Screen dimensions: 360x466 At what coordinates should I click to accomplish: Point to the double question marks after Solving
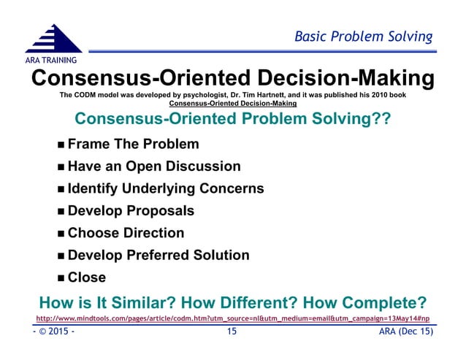(380, 119)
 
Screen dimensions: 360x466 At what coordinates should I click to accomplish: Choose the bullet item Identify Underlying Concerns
(165, 188)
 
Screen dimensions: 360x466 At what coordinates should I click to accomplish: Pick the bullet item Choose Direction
(126, 233)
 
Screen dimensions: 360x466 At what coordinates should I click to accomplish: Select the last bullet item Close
(87, 277)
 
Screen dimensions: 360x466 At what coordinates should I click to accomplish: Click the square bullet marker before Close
(61, 278)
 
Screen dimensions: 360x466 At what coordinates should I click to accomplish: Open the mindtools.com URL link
(232, 319)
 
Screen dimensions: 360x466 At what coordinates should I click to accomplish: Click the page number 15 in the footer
(232, 333)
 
